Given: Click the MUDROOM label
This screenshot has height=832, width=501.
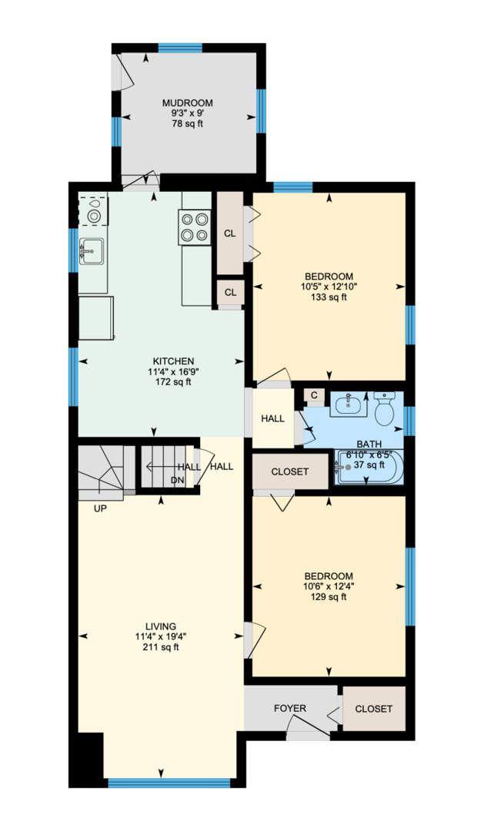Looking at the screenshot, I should [x=187, y=103].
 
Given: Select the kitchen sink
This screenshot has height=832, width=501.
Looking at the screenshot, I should [x=92, y=249].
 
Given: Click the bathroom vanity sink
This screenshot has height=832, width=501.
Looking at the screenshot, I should [x=349, y=404].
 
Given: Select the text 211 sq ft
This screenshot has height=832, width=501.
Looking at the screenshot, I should [x=160, y=647].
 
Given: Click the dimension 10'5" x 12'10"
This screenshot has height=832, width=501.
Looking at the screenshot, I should [x=329, y=287].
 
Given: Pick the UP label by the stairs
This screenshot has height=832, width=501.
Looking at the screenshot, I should [x=100, y=508].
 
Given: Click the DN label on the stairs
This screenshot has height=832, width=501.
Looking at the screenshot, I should [x=177, y=480].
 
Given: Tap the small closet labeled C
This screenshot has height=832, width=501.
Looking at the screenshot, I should [x=314, y=395].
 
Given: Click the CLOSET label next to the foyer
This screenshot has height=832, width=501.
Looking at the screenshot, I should [x=373, y=709].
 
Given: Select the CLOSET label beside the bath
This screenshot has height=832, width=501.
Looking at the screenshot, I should [x=290, y=471].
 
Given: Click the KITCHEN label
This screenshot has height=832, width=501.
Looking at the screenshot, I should [x=173, y=361].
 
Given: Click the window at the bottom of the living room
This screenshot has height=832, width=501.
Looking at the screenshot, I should [x=169, y=783].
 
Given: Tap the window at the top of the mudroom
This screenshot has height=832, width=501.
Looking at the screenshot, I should [x=180, y=48].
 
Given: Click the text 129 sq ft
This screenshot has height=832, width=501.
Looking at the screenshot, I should [x=329, y=596].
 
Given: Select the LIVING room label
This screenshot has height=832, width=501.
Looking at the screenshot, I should [x=160, y=626].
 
